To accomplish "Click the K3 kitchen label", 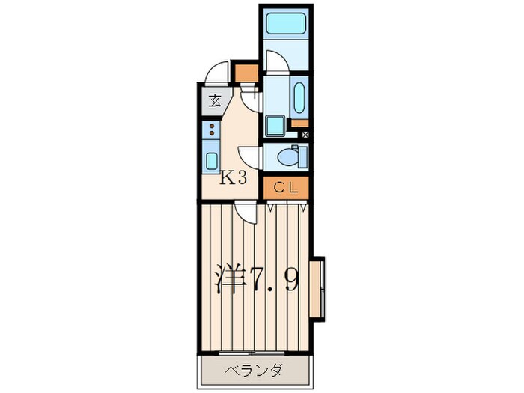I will point(233,179).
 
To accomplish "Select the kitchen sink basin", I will point(212,159).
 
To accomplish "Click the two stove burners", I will point(212,130).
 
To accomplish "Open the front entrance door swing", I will point(219,72).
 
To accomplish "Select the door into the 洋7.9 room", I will point(243,213).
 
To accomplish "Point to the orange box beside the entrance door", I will point(245,72).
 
